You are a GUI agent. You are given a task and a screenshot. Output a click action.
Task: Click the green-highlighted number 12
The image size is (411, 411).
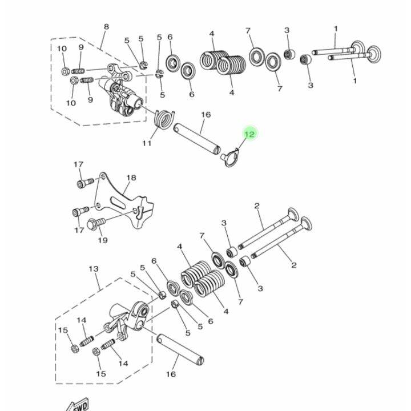[249, 134]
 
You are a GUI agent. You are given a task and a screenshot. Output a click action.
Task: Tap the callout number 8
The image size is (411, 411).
[106, 27]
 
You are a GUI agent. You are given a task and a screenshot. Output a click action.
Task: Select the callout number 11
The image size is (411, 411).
[147, 143]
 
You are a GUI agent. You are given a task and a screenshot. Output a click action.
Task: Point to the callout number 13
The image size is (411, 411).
[94, 269]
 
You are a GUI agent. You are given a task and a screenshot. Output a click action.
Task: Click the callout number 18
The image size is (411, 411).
[131, 178]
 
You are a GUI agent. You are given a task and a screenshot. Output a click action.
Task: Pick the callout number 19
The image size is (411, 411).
[103, 240]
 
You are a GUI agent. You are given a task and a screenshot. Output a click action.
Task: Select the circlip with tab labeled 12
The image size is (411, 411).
[230, 158]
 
